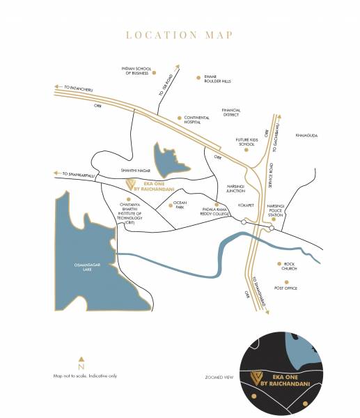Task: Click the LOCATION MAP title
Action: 180,34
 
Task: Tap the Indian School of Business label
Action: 136,71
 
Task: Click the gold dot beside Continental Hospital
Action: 179,118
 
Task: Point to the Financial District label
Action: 230,112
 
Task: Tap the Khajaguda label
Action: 306,135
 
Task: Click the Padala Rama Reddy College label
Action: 202,212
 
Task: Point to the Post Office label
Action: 285,288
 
